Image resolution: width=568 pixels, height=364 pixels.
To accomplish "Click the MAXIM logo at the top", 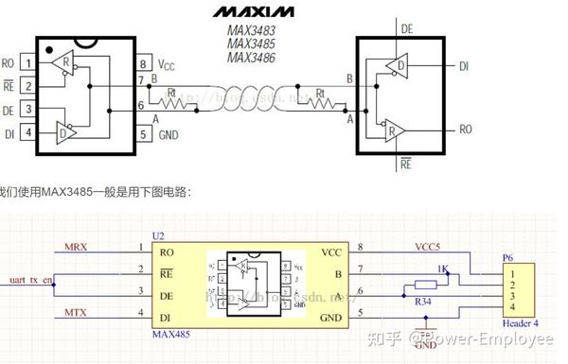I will click(x=253, y=12).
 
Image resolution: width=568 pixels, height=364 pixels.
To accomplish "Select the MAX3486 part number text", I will click(x=252, y=58).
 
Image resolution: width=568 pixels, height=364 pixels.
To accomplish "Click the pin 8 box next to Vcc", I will click(x=143, y=64).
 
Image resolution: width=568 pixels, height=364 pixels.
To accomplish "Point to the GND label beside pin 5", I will click(x=169, y=134).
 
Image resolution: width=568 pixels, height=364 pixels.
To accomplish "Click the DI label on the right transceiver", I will click(x=465, y=66).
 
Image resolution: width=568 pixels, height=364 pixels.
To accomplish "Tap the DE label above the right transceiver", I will click(x=407, y=29).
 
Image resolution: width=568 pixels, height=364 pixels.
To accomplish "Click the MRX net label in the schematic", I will click(x=76, y=247).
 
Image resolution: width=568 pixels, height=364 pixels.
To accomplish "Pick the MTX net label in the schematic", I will click(x=76, y=311).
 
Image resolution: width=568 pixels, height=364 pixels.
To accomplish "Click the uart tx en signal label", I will click(x=27, y=281).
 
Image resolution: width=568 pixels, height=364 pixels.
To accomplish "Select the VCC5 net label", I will click(x=428, y=247).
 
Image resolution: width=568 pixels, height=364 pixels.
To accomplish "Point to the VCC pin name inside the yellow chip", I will click(x=331, y=253).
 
